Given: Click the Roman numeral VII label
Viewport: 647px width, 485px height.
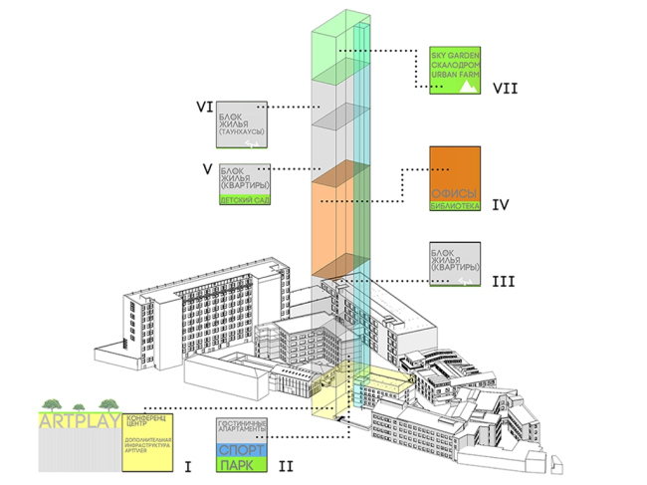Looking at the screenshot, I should pyautogui.click(x=506, y=88).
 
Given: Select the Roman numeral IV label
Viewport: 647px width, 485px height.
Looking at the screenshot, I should pyautogui.click(x=501, y=205).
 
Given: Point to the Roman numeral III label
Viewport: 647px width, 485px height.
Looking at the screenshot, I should pyautogui.click(x=504, y=282).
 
